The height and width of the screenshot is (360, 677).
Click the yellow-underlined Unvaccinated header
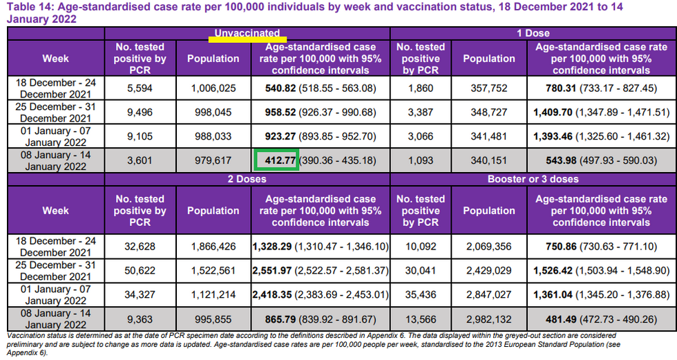click(247, 33)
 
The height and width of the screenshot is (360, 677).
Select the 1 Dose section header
click(533, 33)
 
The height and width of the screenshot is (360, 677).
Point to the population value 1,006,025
click(213, 88)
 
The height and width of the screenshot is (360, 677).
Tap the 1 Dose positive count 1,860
click(420, 88)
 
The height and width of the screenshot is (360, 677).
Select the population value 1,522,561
click(213, 271)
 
